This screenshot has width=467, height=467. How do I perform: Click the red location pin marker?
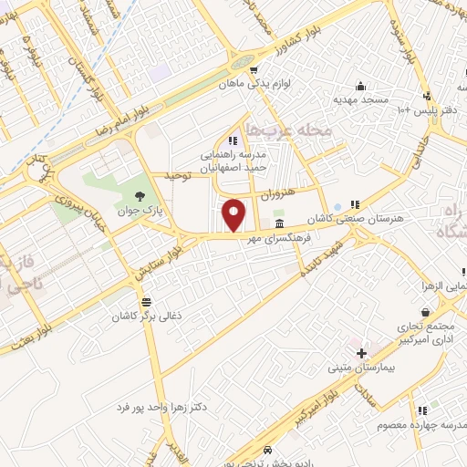click(234, 215)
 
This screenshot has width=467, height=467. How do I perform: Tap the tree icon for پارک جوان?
click(139, 196)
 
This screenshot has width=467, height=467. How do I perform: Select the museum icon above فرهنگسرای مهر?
click(277, 223)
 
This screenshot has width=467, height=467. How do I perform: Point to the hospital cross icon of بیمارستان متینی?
click(361, 353)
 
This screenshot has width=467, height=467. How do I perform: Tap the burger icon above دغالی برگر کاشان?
click(145, 301)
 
